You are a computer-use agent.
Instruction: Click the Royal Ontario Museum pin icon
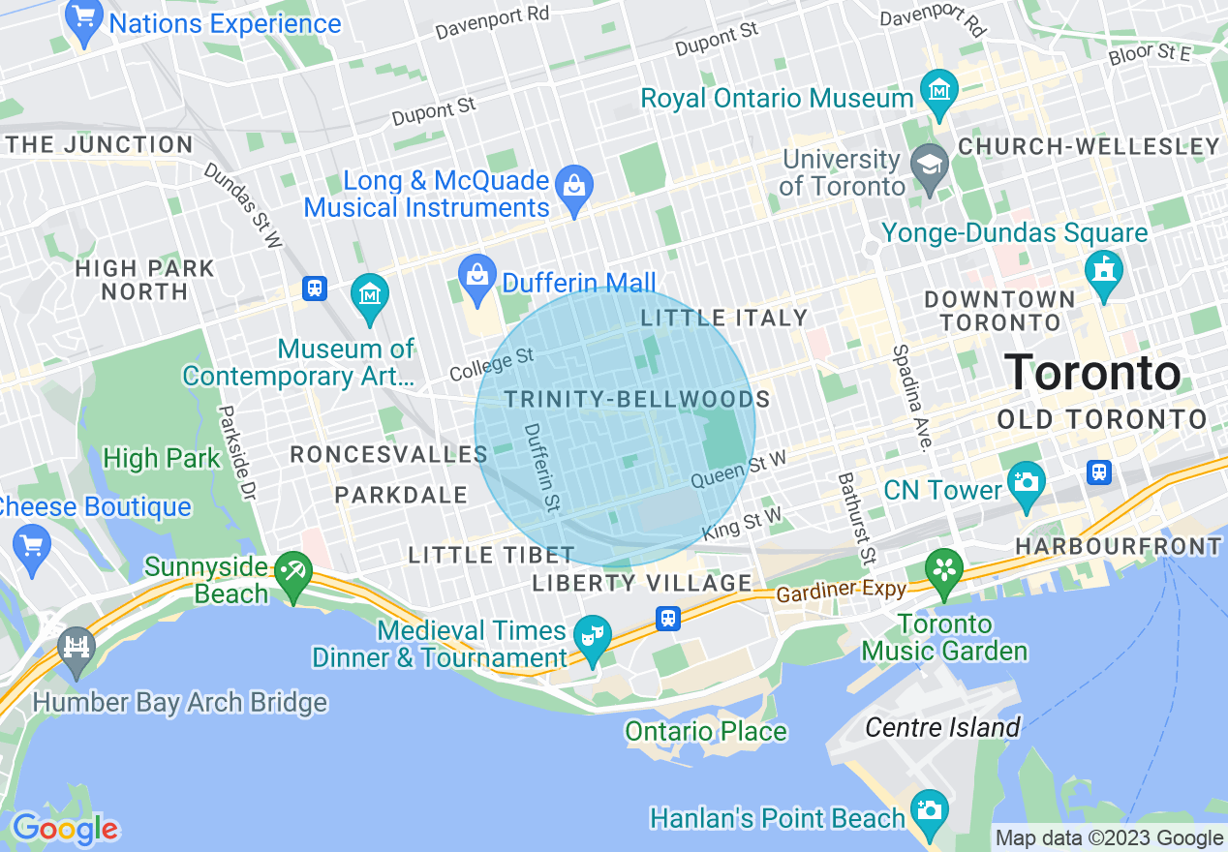[938, 92]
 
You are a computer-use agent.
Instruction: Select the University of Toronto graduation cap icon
[930, 162]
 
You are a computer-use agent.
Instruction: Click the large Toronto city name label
[1092, 374]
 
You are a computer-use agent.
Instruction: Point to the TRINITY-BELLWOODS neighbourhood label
[636, 399]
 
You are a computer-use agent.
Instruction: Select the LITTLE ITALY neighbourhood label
[723, 318]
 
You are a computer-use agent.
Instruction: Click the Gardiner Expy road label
[841, 589]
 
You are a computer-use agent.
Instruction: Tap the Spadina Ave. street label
[911, 398]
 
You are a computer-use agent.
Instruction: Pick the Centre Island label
[942, 727]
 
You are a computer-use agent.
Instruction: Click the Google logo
[64, 829]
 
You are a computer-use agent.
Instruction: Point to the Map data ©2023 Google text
[1109, 838]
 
